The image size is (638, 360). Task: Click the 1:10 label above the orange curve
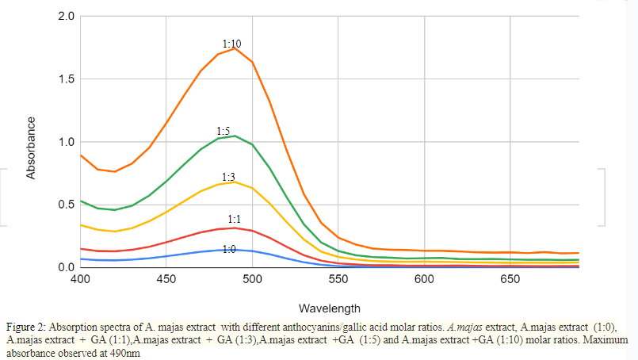tap(231, 44)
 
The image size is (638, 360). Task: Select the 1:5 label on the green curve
tap(223, 130)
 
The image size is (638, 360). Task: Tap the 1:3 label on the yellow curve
tap(228, 176)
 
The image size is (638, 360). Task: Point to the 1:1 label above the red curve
tap(235, 218)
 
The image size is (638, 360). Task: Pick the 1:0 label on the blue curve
tap(228, 249)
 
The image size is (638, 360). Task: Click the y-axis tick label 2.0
tap(67, 17)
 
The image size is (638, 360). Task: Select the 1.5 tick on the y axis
tap(67, 79)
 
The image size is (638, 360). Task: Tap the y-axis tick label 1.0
tap(67, 142)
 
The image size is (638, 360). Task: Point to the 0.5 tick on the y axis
tap(67, 205)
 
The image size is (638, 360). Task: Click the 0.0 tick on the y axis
tap(67, 267)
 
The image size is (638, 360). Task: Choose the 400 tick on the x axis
tap(80, 280)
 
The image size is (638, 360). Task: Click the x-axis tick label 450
tap(166, 280)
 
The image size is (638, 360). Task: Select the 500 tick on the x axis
tap(252, 280)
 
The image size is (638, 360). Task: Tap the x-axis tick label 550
tap(338, 280)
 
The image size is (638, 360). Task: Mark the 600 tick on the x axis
tap(424, 280)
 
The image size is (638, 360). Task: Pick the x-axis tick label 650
tap(510, 280)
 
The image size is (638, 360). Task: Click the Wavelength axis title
tap(330, 308)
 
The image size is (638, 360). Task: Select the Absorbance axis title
tap(32, 147)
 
